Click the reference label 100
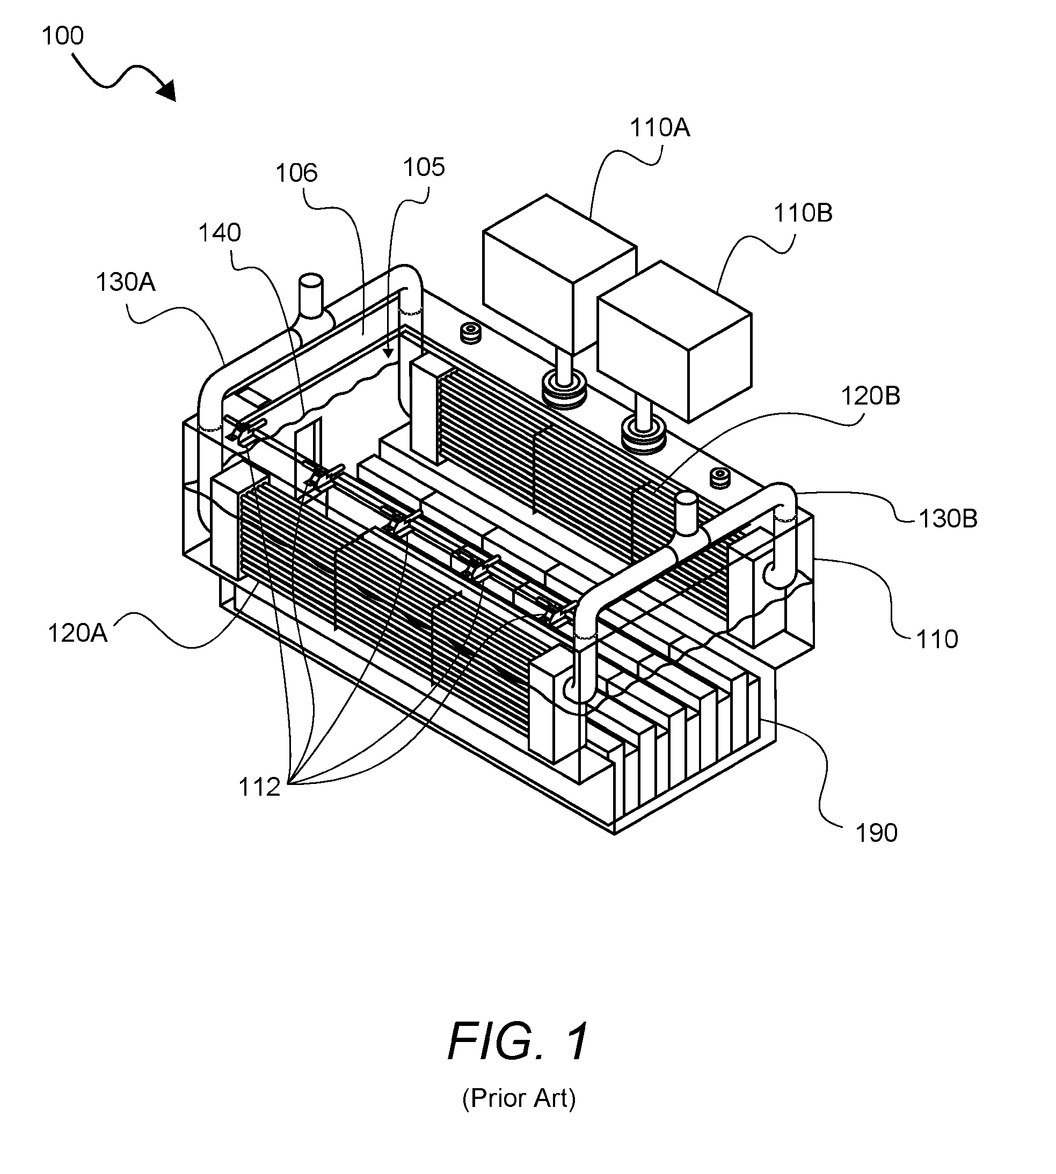tap(63, 36)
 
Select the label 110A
tap(660, 128)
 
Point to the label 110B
tap(803, 214)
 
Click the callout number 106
tap(296, 173)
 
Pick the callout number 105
tap(424, 167)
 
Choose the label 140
tap(220, 233)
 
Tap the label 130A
tap(125, 282)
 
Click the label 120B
tap(870, 396)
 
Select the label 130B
tap(948, 518)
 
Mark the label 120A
tap(77, 633)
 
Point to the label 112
tap(259, 787)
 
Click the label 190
tap(877, 833)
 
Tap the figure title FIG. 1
tap(518, 1042)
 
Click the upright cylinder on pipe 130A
tap(311, 296)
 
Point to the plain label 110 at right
tap(937, 640)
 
